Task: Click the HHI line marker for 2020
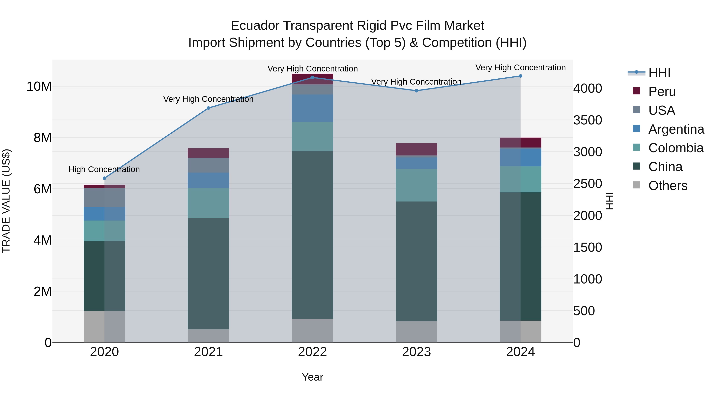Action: pyautogui.click(x=104, y=178)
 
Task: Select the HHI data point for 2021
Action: pyautogui.click(x=209, y=108)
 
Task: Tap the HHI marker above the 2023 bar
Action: pyautogui.click(x=416, y=91)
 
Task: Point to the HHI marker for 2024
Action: pyautogui.click(x=520, y=76)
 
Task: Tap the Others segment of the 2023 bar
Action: pyautogui.click(x=416, y=331)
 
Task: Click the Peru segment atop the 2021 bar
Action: pyautogui.click(x=209, y=153)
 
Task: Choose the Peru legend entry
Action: pyautogui.click(x=662, y=91)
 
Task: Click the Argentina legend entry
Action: pyautogui.click(x=676, y=129)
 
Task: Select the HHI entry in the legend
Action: pyautogui.click(x=659, y=72)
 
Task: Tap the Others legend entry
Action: pyautogui.click(x=668, y=185)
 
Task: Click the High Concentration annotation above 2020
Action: pyautogui.click(x=104, y=169)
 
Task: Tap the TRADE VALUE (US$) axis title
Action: pyautogui.click(x=6, y=201)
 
